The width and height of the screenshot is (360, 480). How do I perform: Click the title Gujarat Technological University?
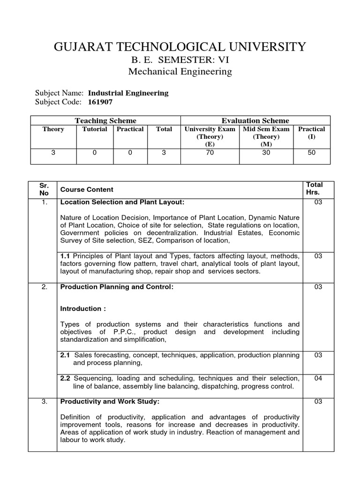pos(180,47)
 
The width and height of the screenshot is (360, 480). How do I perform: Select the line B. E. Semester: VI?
pos(180,60)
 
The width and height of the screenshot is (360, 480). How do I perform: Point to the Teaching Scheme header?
pos(105,120)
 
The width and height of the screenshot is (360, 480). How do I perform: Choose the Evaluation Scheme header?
pos(255,120)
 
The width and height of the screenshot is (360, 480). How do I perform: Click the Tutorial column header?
pos(95,129)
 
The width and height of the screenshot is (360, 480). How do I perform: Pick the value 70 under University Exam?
pos(210,152)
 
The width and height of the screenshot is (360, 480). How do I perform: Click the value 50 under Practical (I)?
pos(312,152)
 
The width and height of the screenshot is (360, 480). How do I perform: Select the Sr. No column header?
pos(44,189)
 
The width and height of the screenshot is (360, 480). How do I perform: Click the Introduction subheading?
pos(83,308)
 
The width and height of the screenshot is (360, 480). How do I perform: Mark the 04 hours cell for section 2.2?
pos(318,378)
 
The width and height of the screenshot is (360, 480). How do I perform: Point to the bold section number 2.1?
pos(66,355)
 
